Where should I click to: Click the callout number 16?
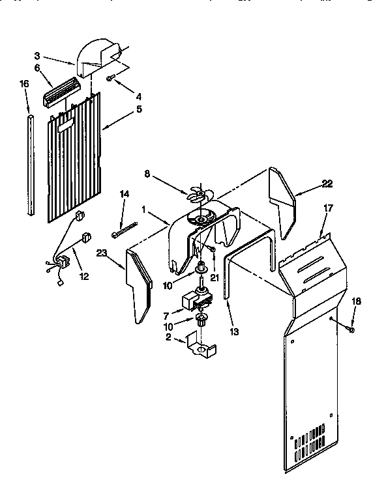pos(24,83)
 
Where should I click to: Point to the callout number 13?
pos(233,331)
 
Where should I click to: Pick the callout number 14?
pos(124,193)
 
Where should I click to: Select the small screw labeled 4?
pos(111,78)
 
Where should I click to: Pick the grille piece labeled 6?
pos(61,90)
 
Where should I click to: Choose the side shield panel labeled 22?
pos(284,202)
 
